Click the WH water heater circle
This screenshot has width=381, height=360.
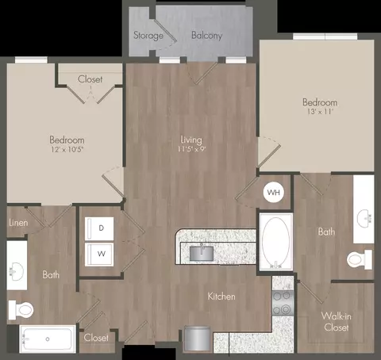(x=274, y=192)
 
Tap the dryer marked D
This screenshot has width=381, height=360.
(x=99, y=228)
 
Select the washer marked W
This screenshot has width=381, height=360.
(x=99, y=255)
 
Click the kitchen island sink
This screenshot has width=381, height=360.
(x=202, y=254)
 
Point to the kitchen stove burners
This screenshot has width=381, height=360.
(x=283, y=302)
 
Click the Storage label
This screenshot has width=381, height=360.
(x=148, y=35)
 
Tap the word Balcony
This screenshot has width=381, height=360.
(x=206, y=35)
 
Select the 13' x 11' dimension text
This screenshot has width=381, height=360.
(x=320, y=112)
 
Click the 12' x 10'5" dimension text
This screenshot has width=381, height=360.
(x=67, y=149)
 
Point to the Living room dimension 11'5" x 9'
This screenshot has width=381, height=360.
(x=191, y=149)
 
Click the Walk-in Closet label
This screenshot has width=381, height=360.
(x=337, y=322)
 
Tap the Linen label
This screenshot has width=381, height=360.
(x=18, y=223)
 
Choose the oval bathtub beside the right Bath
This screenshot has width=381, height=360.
(x=275, y=242)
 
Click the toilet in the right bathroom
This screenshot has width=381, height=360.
(x=360, y=260)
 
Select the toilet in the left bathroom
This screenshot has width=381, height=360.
(x=21, y=310)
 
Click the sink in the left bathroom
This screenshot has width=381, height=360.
(x=17, y=271)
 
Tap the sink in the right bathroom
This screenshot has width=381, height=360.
(x=364, y=219)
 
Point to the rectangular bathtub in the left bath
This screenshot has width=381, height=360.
(x=48, y=339)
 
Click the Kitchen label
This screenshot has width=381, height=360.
(x=221, y=297)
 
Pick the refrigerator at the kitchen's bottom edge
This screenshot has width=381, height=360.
(x=198, y=339)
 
